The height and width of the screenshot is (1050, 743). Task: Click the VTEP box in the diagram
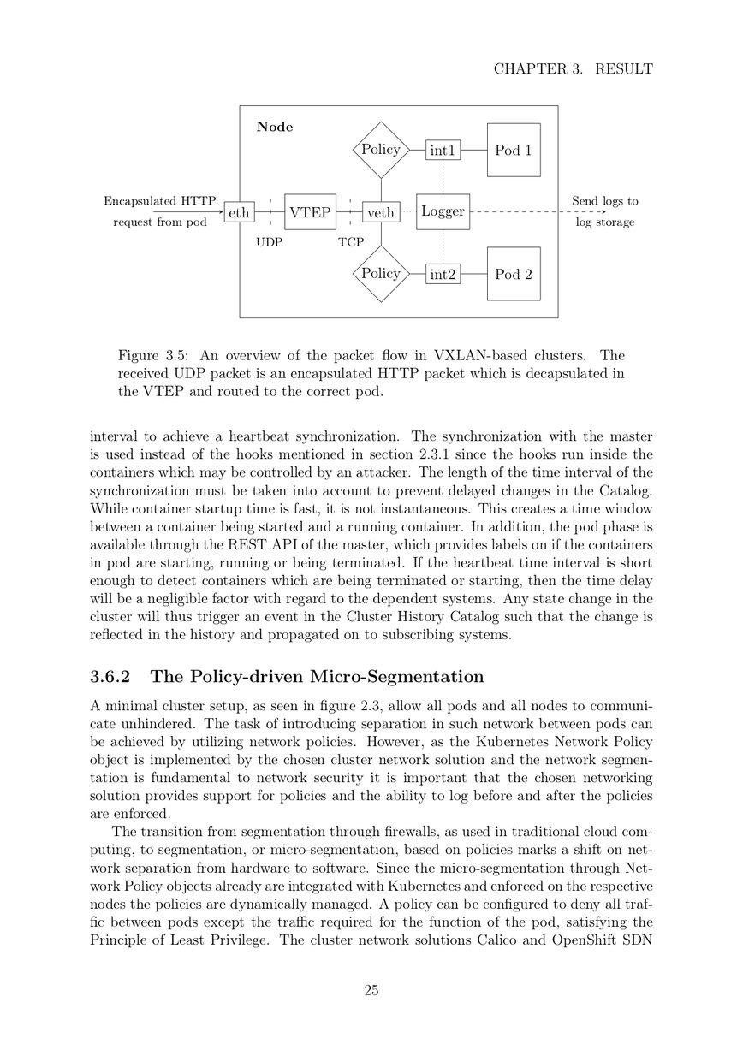(x=310, y=211)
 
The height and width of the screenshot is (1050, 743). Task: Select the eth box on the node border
(x=240, y=212)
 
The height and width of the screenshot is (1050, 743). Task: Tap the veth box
(x=381, y=212)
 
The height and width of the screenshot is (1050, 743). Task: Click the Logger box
(x=443, y=211)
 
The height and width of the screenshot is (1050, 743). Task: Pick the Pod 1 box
(x=514, y=150)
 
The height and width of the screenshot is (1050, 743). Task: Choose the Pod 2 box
(x=514, y=274)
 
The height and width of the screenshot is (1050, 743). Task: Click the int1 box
(x=443, y=151)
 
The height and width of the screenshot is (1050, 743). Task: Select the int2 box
(x=443, y=275)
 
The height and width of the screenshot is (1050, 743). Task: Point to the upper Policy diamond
(x=381, y=150)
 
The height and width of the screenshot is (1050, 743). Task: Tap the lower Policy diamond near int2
(x=381, y=274)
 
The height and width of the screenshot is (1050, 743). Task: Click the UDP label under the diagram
(x=269, y=242)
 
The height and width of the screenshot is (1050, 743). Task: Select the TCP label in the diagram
(x=351, y=242)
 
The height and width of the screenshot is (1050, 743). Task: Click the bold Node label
(x=275, y=127)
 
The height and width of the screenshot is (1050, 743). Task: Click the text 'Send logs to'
(x=605, y=201)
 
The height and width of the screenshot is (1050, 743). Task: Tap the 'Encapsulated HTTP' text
(x=160, y=201)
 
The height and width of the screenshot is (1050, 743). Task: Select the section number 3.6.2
(x=110, y=677)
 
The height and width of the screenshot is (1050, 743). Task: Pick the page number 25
(x=371, y=991)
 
